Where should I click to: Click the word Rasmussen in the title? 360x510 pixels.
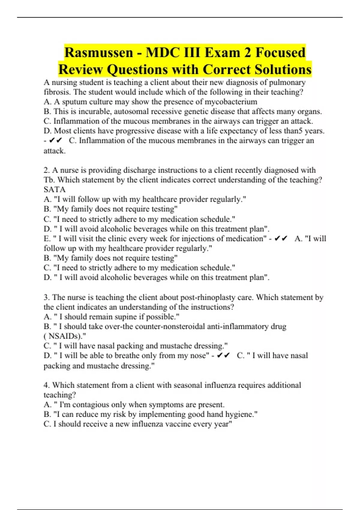[99, 53]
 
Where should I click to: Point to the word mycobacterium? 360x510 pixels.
[231, 102]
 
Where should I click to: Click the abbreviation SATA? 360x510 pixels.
[55, 190]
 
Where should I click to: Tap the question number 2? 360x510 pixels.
[46, 170]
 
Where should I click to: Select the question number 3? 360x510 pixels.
[46, 297]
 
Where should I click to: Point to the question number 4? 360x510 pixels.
[46, 385]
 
